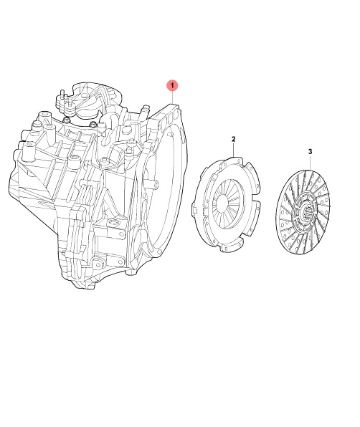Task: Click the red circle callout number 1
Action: (172, 85)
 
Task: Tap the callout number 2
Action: (233, 139)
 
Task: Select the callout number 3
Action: (310, 151)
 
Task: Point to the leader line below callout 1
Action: (173, 97)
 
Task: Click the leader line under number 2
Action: (234, 149)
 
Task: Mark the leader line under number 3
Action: (311, 163)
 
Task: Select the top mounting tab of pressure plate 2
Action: (232, 160)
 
